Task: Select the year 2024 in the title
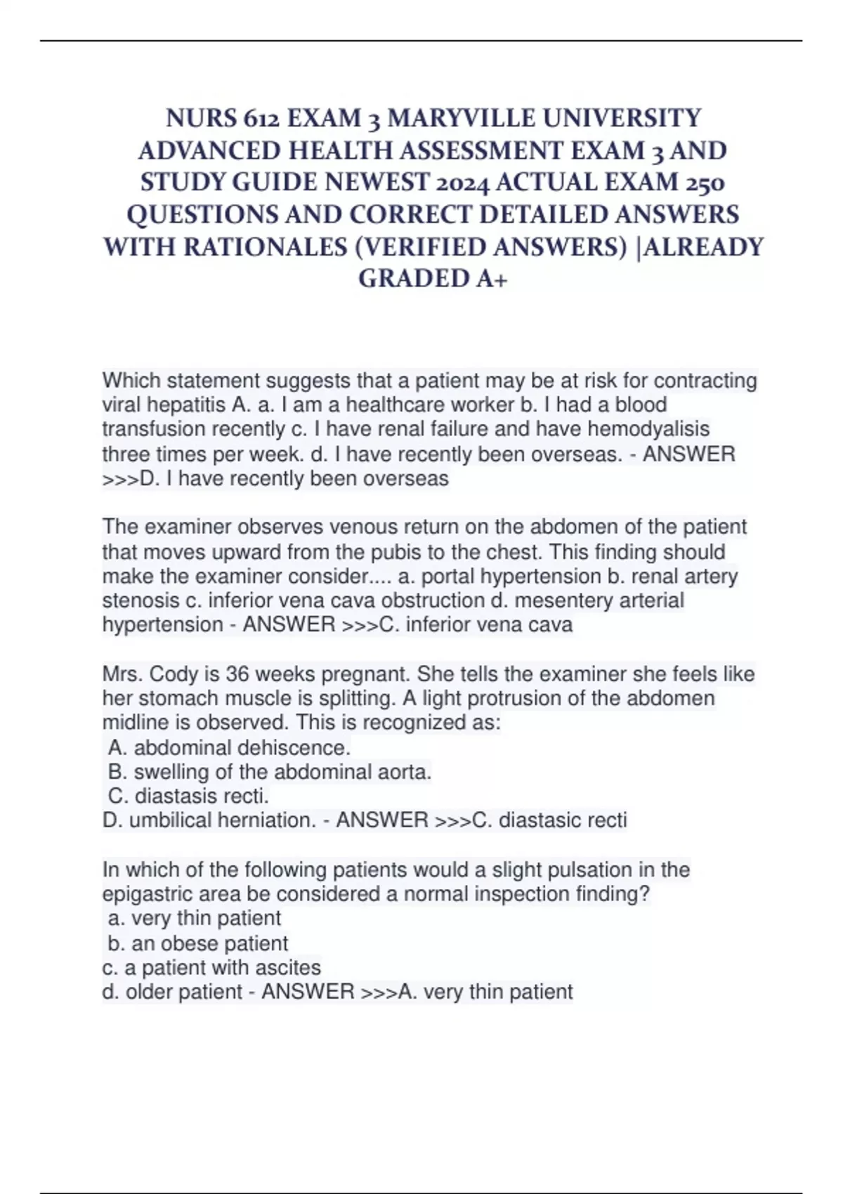[x=463, y=183]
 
